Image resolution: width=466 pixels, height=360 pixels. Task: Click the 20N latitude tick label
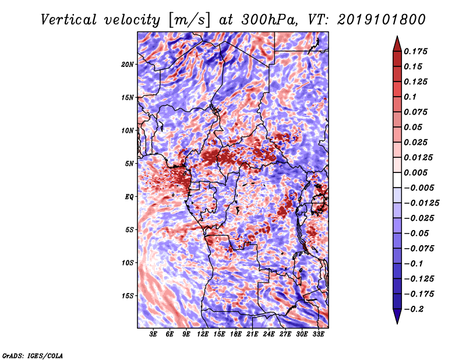click(128, 65)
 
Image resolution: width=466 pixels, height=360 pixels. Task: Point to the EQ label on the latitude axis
click(129, 197)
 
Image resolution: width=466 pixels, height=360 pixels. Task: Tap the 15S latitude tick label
click(128, 296)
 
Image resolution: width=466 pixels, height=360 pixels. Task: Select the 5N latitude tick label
click(129, 164)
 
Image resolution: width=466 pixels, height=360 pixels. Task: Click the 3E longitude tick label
click(153, 334)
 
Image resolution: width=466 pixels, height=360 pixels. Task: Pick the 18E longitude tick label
click(236, 334)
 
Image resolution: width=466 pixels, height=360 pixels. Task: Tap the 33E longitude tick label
click(318, 334)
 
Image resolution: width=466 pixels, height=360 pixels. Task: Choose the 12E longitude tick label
click(203, 334)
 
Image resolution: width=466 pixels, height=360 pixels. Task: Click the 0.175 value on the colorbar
click(415, 51)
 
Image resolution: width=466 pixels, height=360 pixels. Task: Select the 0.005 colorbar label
click(415, 172)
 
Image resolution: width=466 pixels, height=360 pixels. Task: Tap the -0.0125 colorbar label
click(421, 203)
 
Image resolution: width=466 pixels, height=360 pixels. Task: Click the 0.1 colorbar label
click(410, 97)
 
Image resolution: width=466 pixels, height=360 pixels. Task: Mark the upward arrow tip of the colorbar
click(397, 36)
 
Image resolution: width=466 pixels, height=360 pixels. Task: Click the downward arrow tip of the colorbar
click(397, 323)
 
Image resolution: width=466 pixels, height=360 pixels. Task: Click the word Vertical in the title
click(69, 20)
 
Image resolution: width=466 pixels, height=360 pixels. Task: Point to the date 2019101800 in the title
click(382, 20)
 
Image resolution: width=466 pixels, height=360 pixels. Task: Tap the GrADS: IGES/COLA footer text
click(33, 356)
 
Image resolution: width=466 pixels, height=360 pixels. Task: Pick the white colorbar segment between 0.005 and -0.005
click(397, 180)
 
